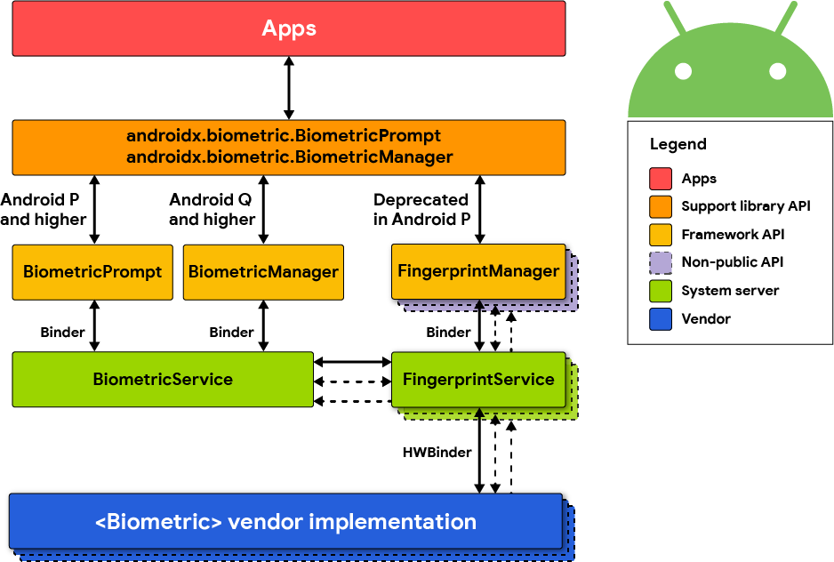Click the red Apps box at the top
pos(289,28)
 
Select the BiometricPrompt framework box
pos(92,271)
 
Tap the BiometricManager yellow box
pos(263,271)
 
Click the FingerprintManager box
pos(478,271)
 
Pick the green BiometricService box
pos(163,380)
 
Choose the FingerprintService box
pos(478,380)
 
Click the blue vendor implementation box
pos(285,521)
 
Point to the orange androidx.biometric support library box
pos(289,147)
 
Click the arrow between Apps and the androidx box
pos(289,88)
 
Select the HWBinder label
pos(437,453)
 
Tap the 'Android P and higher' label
pos(44,210)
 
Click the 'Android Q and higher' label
pos(213,210)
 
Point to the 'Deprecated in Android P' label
pos(421,210)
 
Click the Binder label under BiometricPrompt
pos(62,333)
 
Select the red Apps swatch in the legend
pos(661,179)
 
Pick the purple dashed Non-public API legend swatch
pos(661,262)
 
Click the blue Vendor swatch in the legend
pos(661,318)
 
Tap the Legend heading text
pos(678,145)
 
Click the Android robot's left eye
pos(683,70)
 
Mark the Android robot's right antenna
pos(785,18)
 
